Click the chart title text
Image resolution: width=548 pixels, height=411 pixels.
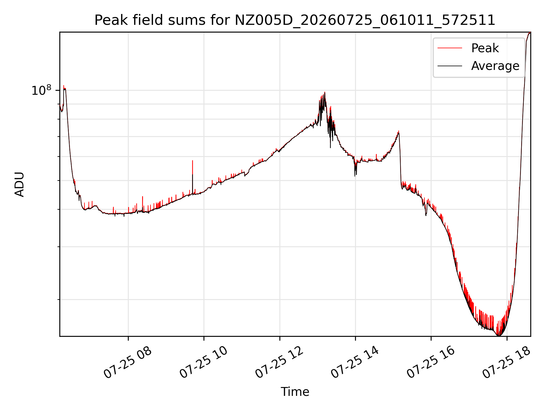(295, 20)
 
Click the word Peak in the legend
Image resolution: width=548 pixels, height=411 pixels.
(485, 48)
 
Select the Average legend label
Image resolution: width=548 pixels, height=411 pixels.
(495, 66)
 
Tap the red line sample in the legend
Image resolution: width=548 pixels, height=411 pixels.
(450, 48)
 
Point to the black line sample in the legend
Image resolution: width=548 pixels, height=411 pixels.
(450, 66)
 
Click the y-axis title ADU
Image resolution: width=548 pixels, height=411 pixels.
(19, 184)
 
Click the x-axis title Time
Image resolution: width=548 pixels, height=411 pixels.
(295, 392)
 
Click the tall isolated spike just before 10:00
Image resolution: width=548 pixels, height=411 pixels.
(193, 161)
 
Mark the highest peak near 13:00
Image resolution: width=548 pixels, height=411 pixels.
(325, 92)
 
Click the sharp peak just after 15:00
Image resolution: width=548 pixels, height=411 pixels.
(398, 131)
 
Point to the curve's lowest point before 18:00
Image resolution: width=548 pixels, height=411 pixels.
(499, 335)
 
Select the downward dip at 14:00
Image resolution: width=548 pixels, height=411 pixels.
(355, 176)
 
